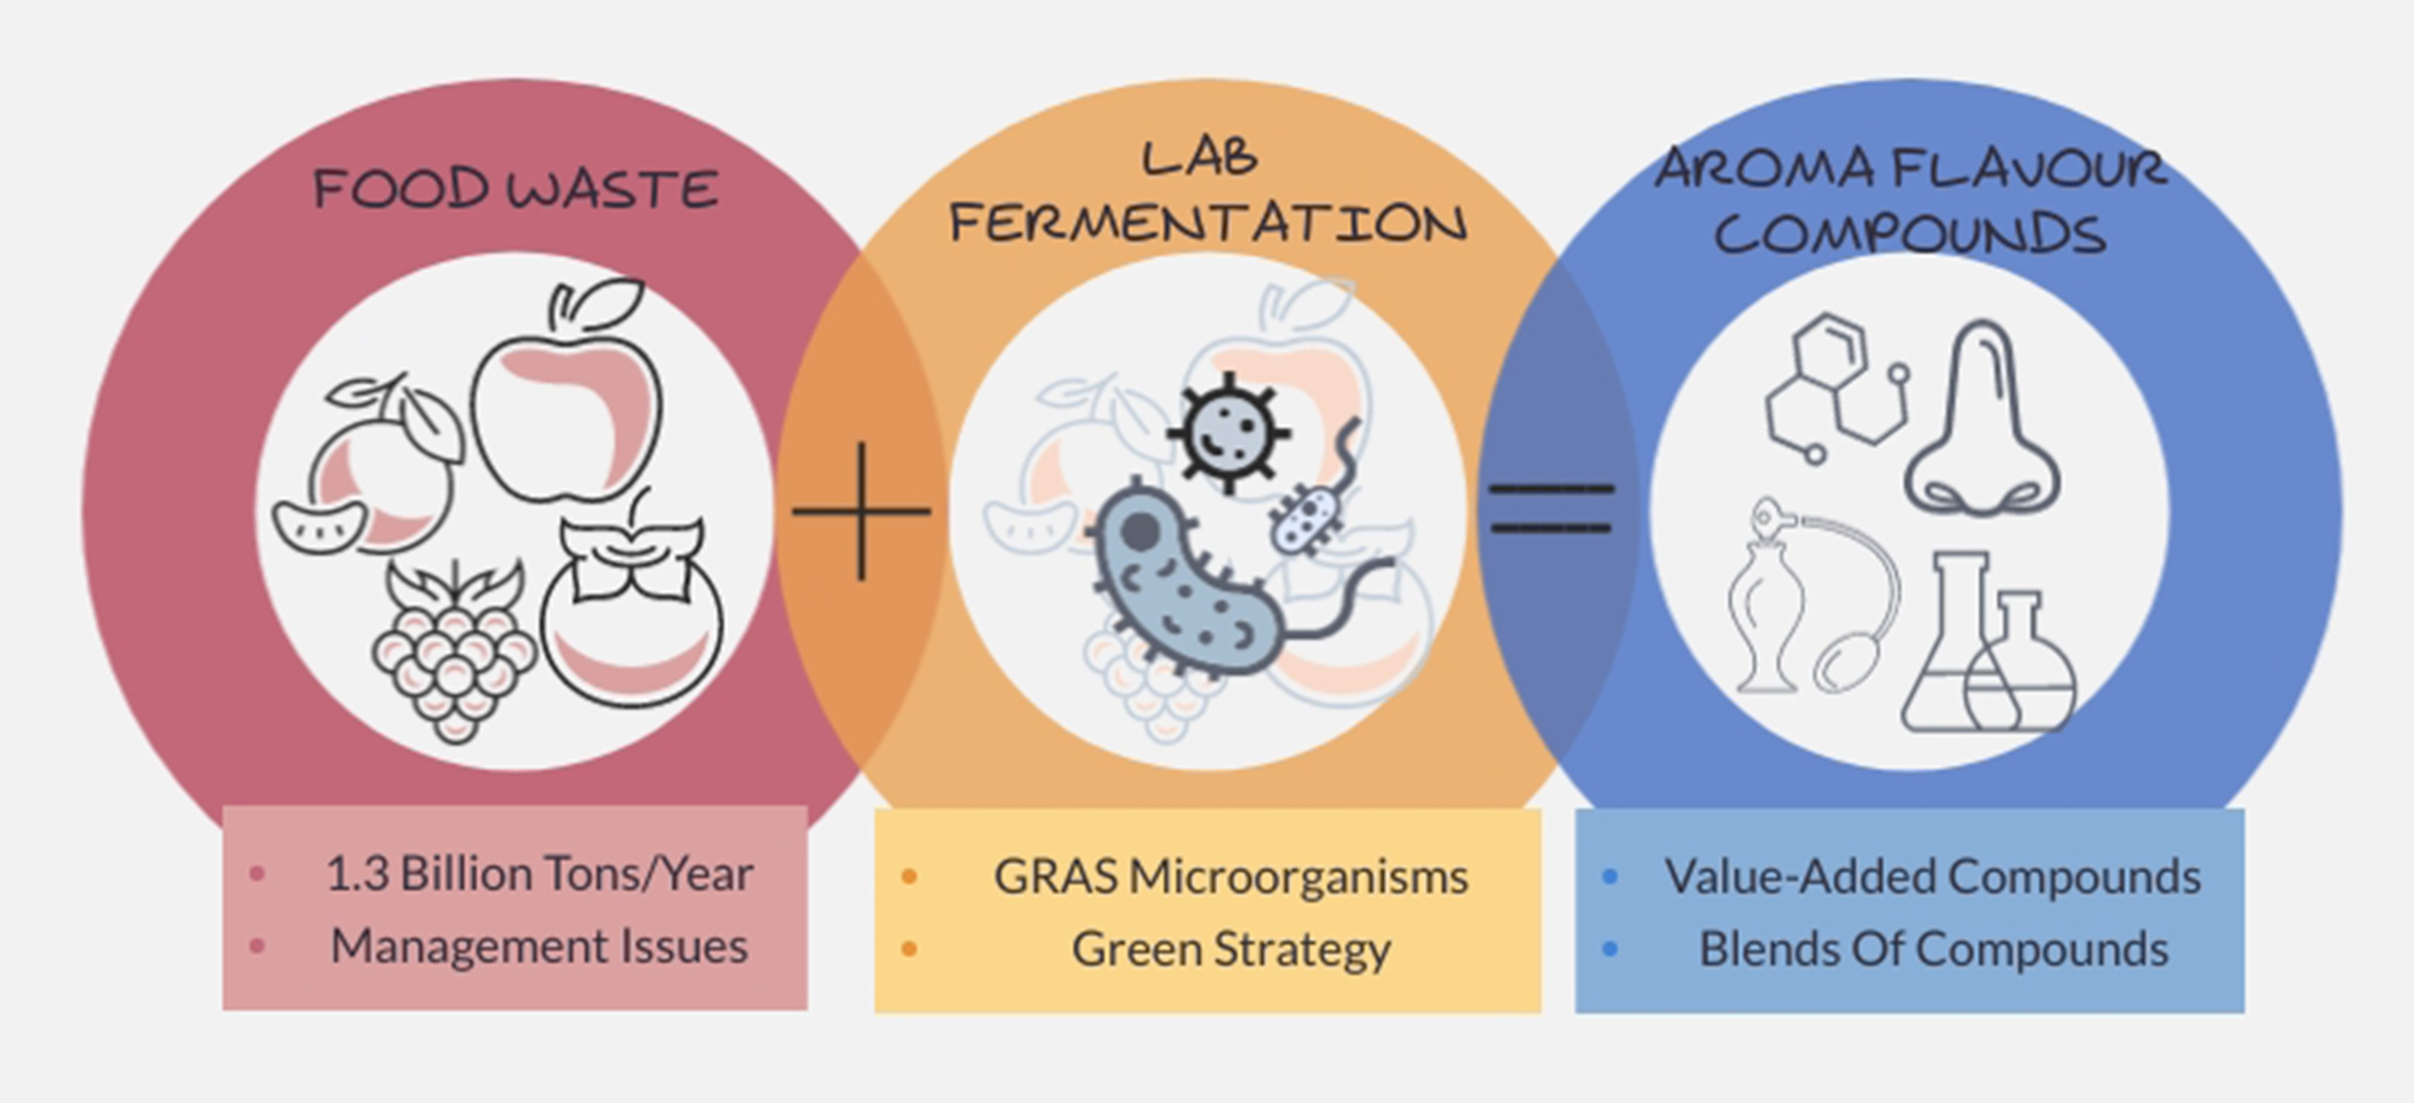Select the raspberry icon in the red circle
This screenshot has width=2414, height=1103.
click(454, 656)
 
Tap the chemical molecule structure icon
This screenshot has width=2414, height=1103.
click(1832, 389)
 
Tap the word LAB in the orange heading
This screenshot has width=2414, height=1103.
click(1200, 157)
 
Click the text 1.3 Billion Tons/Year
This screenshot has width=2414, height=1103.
click(539, 873)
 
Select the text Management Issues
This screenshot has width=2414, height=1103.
click(539, 946)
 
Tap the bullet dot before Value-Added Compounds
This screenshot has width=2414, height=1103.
click(1610, 877)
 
